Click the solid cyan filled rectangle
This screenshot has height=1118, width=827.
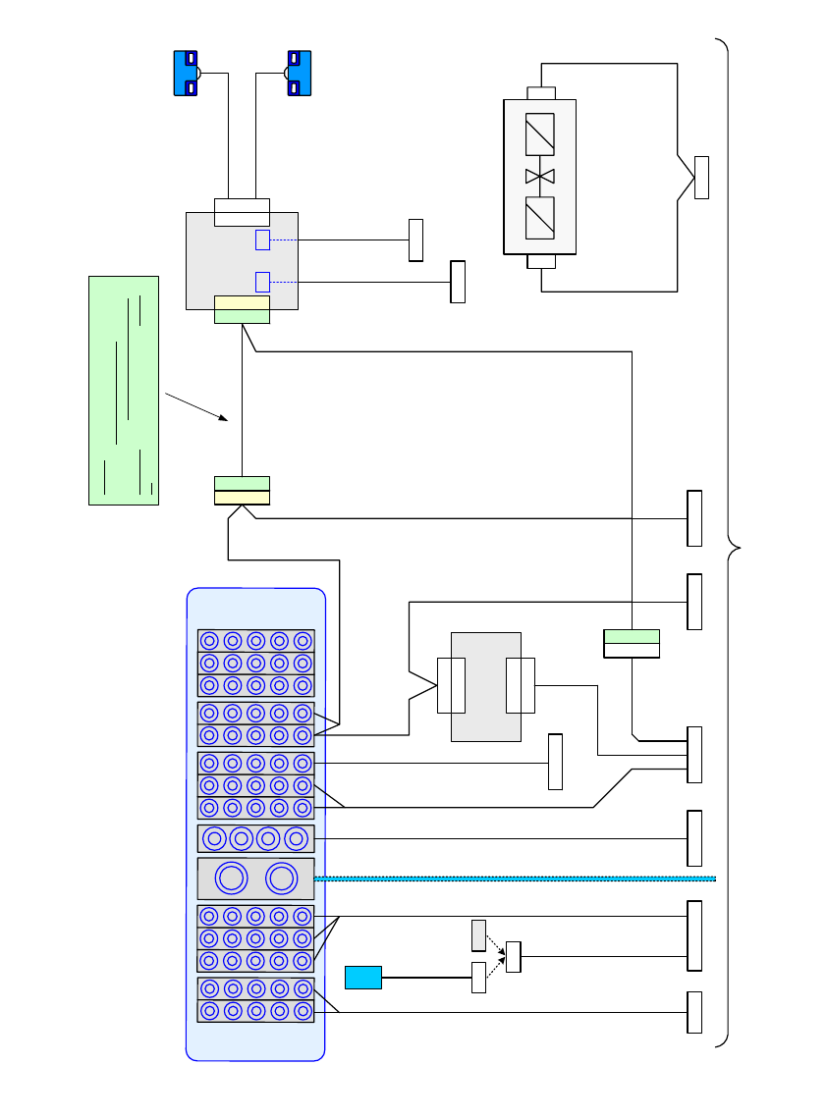pos(362,978)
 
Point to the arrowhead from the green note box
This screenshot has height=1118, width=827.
pos(225,419)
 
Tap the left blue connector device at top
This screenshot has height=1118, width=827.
pos(186,74)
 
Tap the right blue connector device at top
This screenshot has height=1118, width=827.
pos(299,74)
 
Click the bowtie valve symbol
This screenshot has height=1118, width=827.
pos(539,176)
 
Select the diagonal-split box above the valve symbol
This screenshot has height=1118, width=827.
pos(539,134)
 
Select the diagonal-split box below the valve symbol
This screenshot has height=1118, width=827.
pos(539,218)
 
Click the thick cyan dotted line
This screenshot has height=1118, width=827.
pos(521,878)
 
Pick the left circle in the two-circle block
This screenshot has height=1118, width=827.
pos(230,878)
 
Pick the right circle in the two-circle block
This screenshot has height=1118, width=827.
pos(281,878)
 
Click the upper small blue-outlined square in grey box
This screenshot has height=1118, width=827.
pos(262,240)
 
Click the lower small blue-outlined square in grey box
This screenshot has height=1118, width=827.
pos(262,282)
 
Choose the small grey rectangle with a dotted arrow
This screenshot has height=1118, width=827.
pos(478,935)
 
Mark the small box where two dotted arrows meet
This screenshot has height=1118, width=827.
pos(513,956)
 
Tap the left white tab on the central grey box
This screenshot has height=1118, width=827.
pos(452,686)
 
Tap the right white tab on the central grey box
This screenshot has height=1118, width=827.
pos(520,686)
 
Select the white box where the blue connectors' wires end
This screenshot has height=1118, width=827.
pos(242,212)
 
